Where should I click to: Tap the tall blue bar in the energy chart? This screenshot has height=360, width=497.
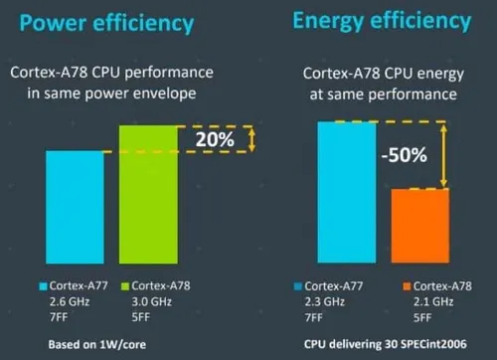(x=348, y=193)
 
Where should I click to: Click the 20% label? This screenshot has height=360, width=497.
(x=214, y=139)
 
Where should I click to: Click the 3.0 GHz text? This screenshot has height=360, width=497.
(x=149, y=301)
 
